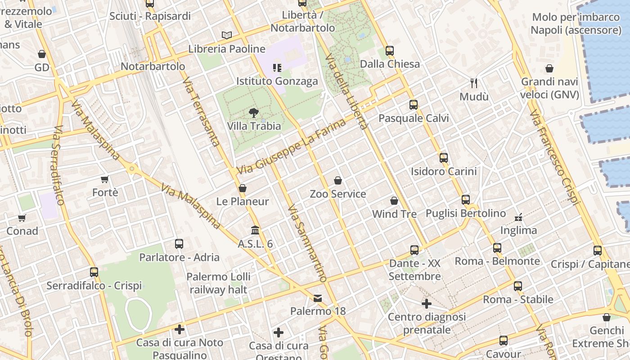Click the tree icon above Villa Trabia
point(254,112)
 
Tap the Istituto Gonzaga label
point(277,81)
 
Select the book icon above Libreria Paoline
point(227,35)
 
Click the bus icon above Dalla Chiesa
point(390,51)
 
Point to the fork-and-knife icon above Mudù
point(473,83)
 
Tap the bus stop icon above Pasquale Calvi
point(414,105)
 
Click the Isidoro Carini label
point(443,171)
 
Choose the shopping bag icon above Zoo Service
point(338,180)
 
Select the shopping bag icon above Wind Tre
point(394,201)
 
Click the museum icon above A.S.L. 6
point(255,230)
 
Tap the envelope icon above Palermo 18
point(318,298)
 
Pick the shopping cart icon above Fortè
point(105,180)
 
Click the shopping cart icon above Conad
point(22,218)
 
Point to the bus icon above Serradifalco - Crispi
point(94,272)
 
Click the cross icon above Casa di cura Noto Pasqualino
point(180,329)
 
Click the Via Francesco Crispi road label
point(554,157)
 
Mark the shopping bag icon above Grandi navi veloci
point(549,68)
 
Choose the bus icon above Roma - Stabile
point(518,286)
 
